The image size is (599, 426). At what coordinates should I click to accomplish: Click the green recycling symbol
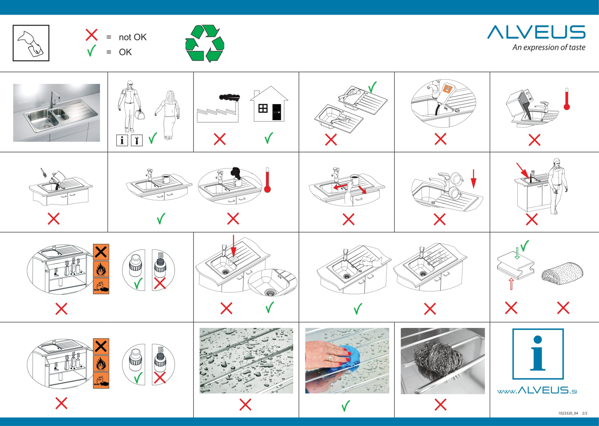pos(205,43)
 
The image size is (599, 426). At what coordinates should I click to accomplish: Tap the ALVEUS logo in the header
pos(536,32)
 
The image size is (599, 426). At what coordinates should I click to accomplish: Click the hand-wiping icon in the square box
pos(31,43)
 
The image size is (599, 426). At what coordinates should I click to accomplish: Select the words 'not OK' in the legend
pos(133,37)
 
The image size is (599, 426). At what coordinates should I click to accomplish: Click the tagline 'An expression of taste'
pos(549,47)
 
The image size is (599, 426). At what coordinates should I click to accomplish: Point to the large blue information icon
pos(538,354)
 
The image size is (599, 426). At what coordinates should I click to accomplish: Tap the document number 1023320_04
pos(568,413)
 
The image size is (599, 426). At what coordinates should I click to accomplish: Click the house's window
pos(262,108)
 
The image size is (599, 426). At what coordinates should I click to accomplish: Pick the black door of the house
pos(277,112)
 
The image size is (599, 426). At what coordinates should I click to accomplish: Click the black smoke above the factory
pos(229,97)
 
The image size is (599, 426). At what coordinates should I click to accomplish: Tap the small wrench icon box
pos(137,140)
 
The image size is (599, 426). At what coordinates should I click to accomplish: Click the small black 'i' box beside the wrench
pos(122,140)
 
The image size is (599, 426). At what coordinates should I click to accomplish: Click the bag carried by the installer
pos(140,115)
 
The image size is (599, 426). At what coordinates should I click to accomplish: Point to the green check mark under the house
pos(269,138)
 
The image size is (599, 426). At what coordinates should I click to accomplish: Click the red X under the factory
pos(219,139)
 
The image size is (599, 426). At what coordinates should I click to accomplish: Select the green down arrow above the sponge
pos(517,253)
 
